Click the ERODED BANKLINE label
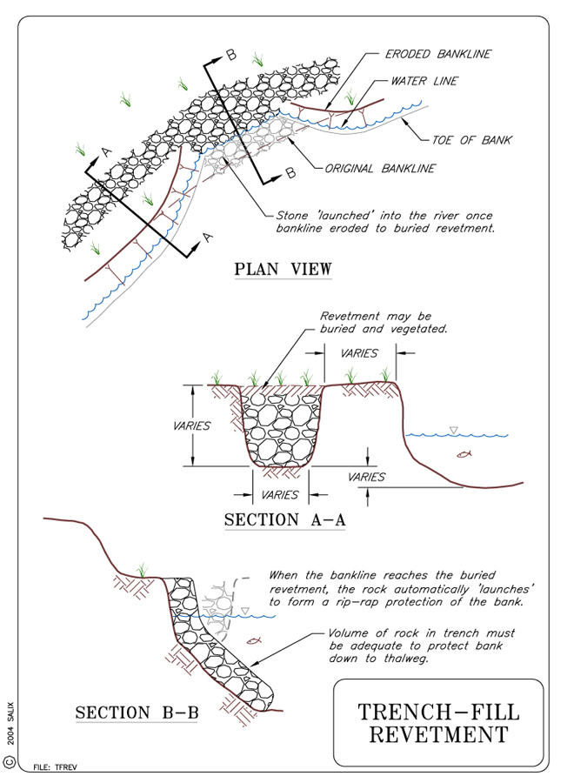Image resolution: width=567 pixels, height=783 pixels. click(439, 54)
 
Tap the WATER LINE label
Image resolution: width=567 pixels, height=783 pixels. click(424, 81)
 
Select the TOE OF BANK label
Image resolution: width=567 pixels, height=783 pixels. click(472, 140)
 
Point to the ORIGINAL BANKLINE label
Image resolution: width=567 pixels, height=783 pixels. click(380, 169)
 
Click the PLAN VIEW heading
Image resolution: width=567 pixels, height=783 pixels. click(283, 269)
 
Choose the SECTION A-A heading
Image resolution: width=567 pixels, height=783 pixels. click(285, 520)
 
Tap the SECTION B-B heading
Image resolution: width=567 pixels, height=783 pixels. click(137, 713)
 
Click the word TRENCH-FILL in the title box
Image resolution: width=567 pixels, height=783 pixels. click(438, 712)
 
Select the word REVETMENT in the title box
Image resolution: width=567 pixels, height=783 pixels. click(438, 735)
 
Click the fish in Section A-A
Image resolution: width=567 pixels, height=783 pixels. click(465, 454)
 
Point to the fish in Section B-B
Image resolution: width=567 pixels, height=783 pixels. click(254, 640)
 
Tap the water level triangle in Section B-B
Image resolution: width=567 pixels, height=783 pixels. click(244, 611)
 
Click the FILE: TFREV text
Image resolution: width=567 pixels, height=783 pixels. click(54, 767)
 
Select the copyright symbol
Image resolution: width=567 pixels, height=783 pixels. click(10, 761)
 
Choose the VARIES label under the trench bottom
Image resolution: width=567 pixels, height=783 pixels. click(279, 494)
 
